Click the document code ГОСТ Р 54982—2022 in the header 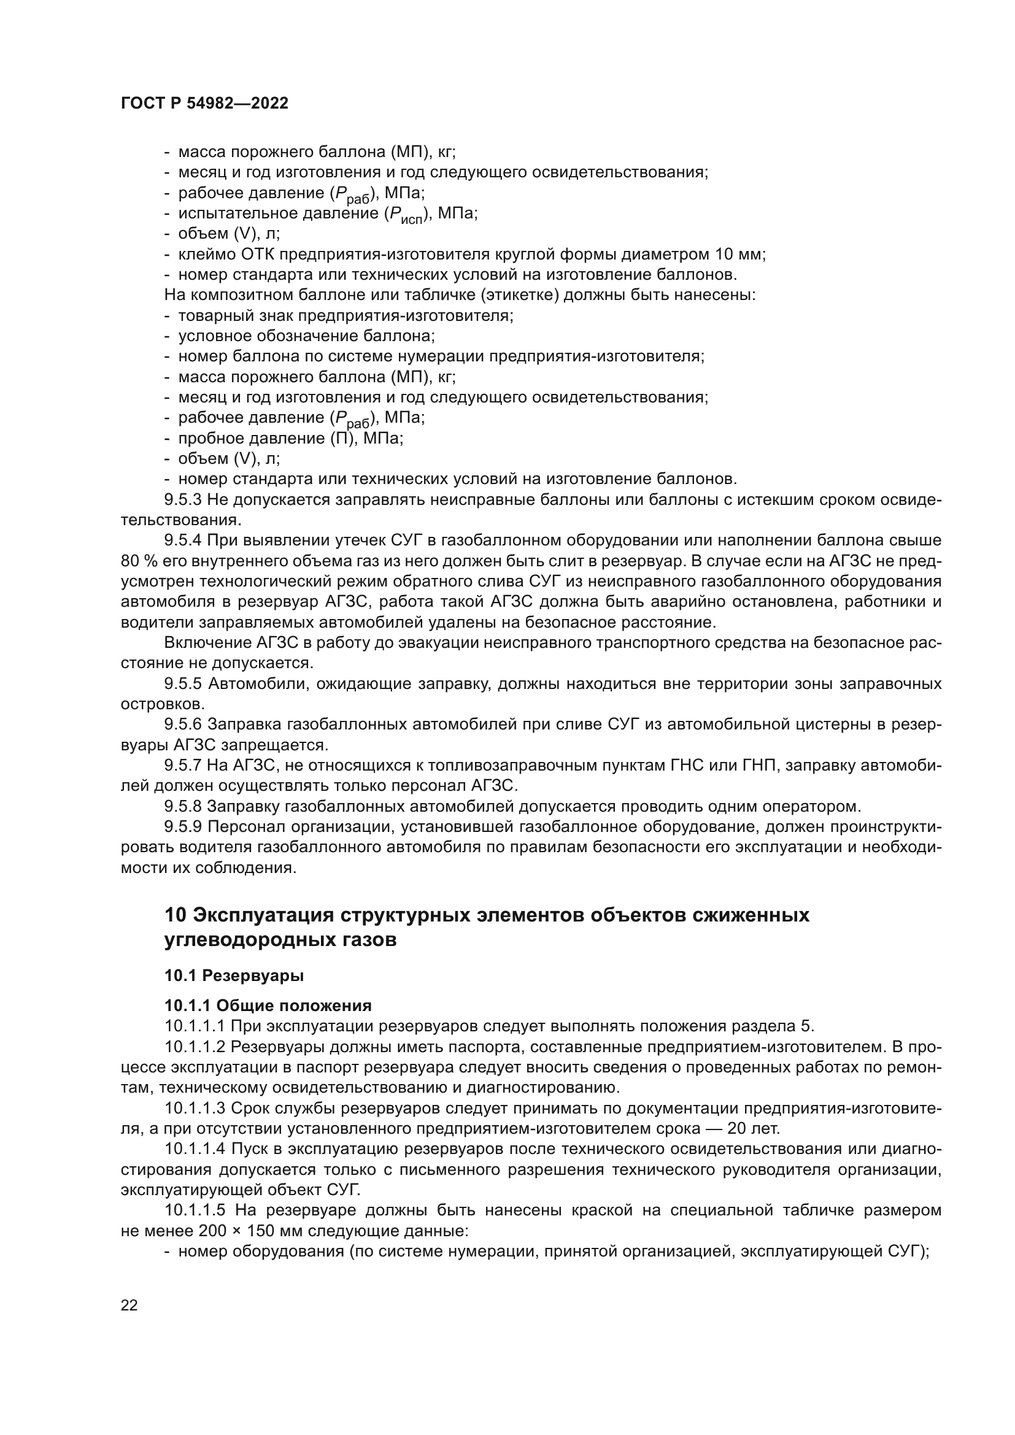tap(204, 104)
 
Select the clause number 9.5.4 tap(182, 541)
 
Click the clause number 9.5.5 tap(182, 685)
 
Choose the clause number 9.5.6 tap(182, 725)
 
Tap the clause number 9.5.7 tap(182, 766)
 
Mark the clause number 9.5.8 tap(182, 807)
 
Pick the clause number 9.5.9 tap(182, 828)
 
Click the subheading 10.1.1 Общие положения tap(268, 1006)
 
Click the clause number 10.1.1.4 tap(195, 1149)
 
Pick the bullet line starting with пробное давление tap(291, 438)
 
